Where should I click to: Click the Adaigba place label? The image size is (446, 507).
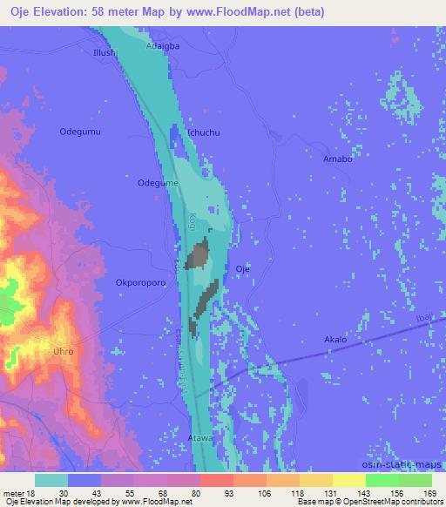(163, 45)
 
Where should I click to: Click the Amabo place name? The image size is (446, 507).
(337, 159)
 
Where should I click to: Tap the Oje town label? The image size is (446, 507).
(243, 269)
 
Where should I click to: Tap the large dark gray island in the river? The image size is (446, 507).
(199, 256)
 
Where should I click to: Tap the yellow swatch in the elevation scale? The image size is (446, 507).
(349, 479)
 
